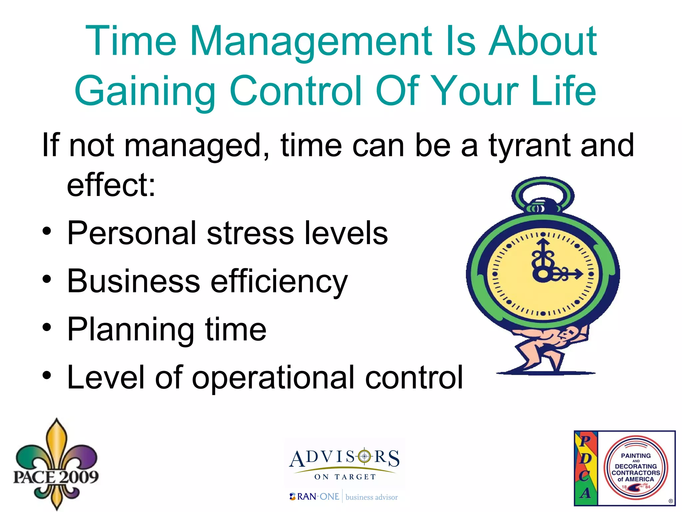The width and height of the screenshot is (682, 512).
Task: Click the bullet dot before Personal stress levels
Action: tap(47, 232)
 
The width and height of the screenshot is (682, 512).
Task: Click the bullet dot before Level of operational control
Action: tap(47, 376)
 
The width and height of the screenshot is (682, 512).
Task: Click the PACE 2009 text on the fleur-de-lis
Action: tap(56, 477)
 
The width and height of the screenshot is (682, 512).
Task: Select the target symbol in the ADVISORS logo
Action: tap(365, 456)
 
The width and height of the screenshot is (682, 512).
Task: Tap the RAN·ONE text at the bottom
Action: tap(318, 497)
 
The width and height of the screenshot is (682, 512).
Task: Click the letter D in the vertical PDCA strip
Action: tap(586, 458)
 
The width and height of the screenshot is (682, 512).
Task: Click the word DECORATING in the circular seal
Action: tap(636, 466)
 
